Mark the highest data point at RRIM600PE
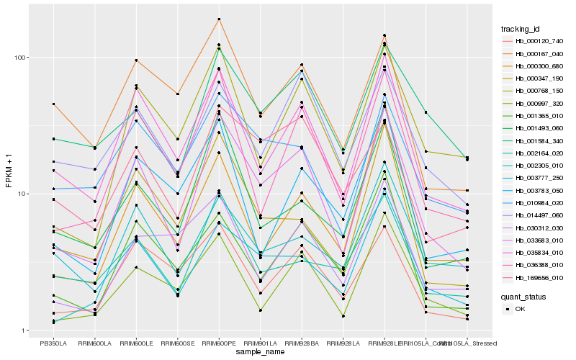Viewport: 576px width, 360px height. point(219,19)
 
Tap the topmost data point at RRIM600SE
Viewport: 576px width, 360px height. point(177,94)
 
